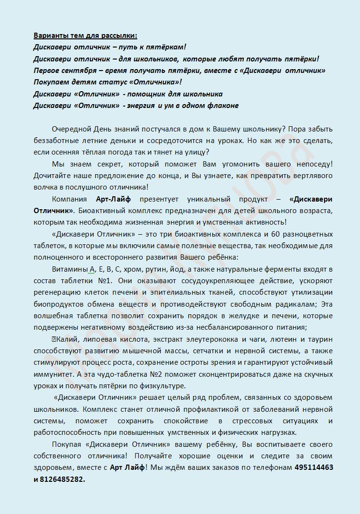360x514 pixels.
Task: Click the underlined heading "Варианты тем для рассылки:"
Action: pyautogui.click(x=85, y=36)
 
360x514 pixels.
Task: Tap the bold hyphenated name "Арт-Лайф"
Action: pyautogui.click(x=119, y=199)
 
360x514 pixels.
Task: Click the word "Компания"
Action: pyautogui.click(x=69, y=199)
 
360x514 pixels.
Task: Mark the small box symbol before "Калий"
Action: pyautogui.click(x=54, y=339)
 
